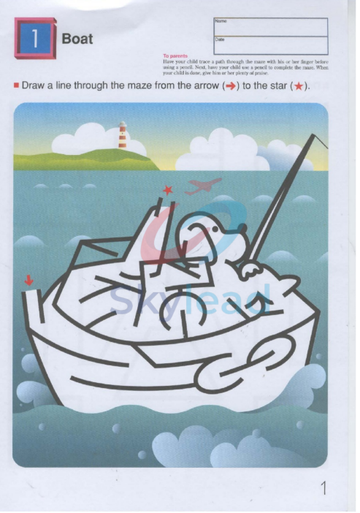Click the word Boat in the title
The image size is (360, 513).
(77, 39)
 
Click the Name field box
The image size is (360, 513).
(271, 27)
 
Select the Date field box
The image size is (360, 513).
(271, 45)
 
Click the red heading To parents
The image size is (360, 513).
(175, 56)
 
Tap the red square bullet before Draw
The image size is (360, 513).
(15, 85)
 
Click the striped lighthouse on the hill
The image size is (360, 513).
(123, 136)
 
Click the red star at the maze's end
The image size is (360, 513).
(168, 190)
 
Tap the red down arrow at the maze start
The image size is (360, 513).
(29, 278)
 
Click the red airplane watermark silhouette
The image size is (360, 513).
(204, 186)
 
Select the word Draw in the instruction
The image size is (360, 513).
(34, 86)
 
